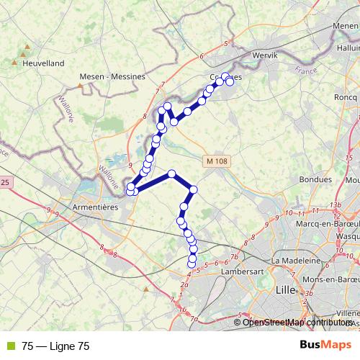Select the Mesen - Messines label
113,76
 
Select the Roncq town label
347,96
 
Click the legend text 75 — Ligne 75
55,346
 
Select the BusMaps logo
325,346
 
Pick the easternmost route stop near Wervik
230,82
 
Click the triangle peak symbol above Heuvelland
27,48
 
